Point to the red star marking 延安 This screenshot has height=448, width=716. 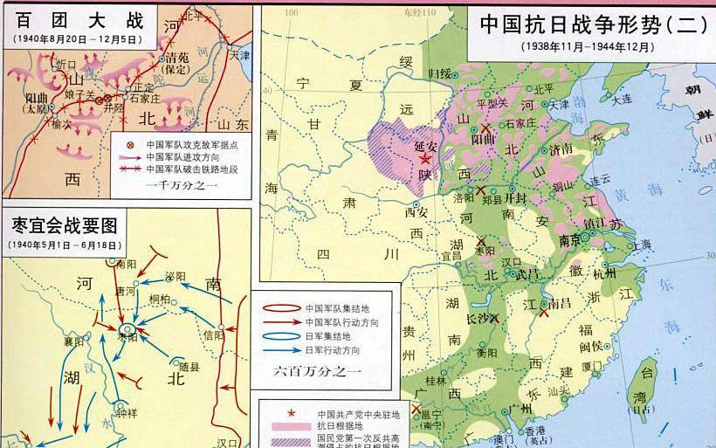coord(425,160)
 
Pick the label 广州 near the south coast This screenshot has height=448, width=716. coord(526,409)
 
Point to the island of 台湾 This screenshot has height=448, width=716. coord(646,376)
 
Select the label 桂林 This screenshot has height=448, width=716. coord(436,382)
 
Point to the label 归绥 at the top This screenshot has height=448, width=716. coord(439,73)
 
